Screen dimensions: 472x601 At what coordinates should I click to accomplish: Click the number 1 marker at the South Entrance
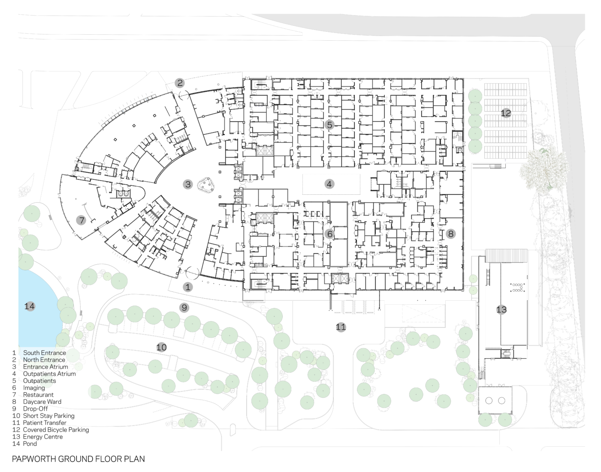point(188,287)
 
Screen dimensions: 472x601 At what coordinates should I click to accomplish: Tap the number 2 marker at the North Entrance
point(180,83)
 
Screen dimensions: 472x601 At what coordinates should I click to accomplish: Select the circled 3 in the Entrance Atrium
point(188,185)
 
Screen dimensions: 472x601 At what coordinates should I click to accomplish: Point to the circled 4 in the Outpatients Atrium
point(329,184)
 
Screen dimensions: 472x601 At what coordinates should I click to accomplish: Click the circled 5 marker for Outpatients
point(329,125)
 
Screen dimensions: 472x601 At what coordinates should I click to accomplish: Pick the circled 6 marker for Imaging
point(329,234)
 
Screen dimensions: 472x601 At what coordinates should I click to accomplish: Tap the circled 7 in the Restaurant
point(81,221)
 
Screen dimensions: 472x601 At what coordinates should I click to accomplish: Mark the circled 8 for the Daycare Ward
point(450,234)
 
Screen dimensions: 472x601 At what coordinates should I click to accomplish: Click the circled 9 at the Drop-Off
point(184,307)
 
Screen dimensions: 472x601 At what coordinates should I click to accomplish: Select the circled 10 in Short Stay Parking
point(161,347)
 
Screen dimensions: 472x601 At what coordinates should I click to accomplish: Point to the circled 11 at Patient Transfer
point(341,327)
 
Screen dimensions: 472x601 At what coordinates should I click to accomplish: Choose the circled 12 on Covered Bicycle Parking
point(506,113)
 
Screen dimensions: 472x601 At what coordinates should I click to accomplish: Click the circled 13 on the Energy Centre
point(501,309)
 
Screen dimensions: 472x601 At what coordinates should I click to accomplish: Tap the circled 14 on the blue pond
point(30,306)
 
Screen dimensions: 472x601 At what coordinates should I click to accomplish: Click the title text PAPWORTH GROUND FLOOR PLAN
point(79,459)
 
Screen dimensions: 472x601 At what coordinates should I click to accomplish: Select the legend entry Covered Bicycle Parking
point(56,430)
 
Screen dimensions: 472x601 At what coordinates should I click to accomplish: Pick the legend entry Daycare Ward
point(42,402)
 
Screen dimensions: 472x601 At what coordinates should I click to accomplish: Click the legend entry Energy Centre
point(43,436)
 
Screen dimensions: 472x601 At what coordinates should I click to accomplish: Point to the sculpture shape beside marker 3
point(206,185)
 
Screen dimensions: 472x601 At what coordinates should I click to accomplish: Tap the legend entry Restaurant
point(38,395)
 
